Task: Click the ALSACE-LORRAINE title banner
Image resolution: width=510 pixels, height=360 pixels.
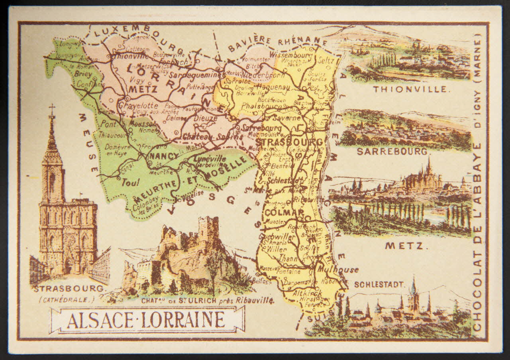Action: [x=146, y=320]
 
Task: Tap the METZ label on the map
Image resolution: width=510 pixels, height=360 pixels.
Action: [x=137, y=89]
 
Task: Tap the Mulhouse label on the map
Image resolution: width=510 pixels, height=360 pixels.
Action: [x=338, y=270]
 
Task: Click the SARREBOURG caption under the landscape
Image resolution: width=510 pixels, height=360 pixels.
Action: [x=392, y=151]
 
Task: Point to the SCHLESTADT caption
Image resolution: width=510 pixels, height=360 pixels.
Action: [x=379, y=285]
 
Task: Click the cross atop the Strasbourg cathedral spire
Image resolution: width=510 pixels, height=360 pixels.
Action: [x=52, y=108]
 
